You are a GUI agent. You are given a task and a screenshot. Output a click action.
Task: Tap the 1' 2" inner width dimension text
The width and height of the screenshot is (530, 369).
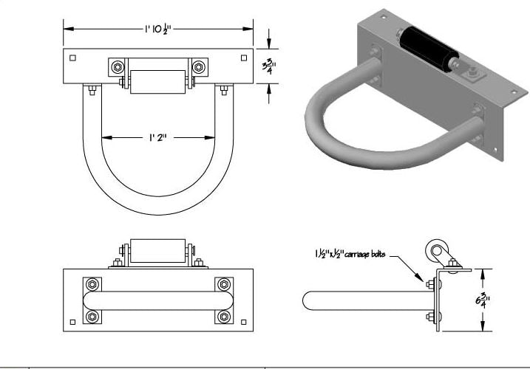(158, 137)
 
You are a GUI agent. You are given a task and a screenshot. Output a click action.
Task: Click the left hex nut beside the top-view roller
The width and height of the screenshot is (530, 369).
(118, 68)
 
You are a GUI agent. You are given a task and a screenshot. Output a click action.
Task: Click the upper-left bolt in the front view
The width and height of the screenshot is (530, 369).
(92, 285)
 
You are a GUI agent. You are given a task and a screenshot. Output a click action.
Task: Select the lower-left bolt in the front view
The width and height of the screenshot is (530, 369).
(92, 317)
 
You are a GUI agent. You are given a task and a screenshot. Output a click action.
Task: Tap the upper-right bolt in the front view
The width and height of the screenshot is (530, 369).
(223, 285)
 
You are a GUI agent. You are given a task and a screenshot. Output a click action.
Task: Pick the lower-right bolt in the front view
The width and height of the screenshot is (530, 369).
(223, 317)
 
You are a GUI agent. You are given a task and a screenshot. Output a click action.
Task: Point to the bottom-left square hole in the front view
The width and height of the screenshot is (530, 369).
(72, 323)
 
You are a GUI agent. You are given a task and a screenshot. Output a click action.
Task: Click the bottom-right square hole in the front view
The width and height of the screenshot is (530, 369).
(244, 323)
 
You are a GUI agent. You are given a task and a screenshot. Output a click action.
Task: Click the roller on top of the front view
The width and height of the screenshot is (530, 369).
(157, 251)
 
